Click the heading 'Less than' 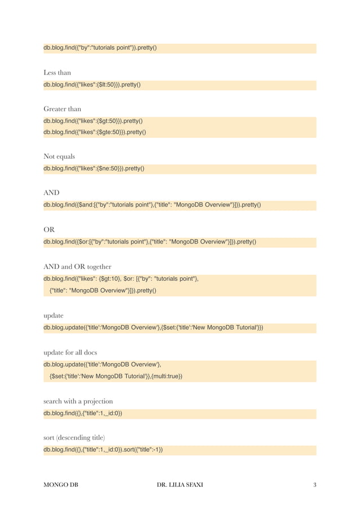[57, 73]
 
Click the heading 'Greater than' [62, 108]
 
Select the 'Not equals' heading [59, 156]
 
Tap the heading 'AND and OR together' [77, 266]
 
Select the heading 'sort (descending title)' [74, 438]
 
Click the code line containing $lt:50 [92, 85]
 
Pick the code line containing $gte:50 [95, 132]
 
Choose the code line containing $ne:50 [94, 168]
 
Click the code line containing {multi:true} [116, 376]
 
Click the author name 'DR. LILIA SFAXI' [180, 485]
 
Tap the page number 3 [314, 485]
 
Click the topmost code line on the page [100, 47]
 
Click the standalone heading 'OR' [49, 229]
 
